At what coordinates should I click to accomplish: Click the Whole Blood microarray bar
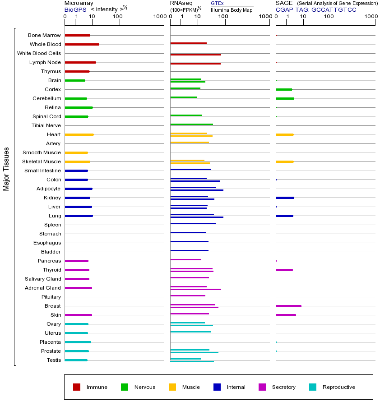point(82,44)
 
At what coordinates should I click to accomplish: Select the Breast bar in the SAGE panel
point(288,306)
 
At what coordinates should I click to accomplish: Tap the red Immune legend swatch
point(77,387)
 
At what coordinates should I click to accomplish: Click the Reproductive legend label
point(338,387)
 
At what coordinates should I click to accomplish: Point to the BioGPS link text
point(74,9)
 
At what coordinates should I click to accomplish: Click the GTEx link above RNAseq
point(217,4)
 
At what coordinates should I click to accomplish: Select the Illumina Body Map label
point(232,9)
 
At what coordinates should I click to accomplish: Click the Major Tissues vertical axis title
point(6,169)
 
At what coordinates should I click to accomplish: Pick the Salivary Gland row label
point(43,279)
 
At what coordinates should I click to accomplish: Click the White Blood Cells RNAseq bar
point(195,55)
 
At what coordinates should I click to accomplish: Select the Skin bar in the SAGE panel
point(286,315)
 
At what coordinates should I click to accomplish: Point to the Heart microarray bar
point(79,134)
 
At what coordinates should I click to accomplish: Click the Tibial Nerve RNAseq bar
point(191,124)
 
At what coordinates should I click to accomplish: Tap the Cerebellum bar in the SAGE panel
point(285,98)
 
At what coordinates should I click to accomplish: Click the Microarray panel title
point(79,3)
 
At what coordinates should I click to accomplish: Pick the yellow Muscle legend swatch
point(172,387)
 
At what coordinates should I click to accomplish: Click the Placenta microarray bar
point(78,342)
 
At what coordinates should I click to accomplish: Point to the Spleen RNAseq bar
point(193,223)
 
